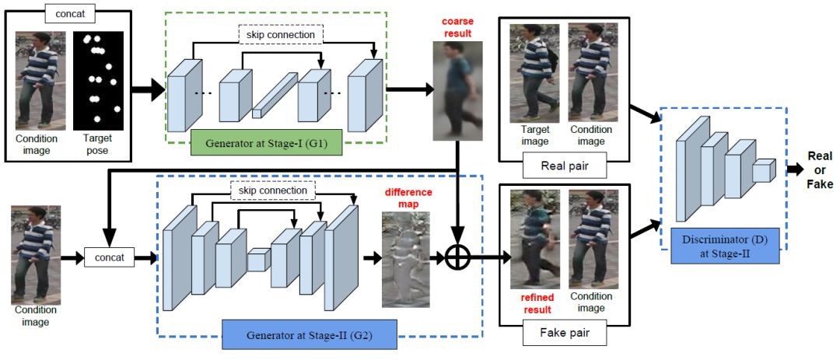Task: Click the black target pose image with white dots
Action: [x=99, y=81]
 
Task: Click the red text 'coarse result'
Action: [x=457, y=28]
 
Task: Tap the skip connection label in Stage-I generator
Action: [x=281, y=35]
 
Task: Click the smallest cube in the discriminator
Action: [x=764, y=171]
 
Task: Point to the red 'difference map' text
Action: [x=408, y=197]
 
